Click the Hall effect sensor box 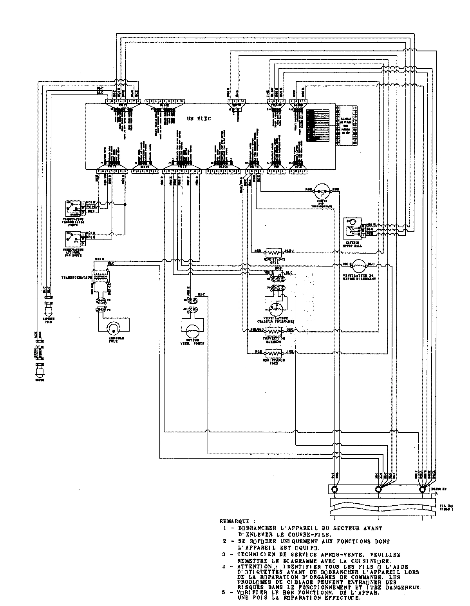pyautogui.click(x=352, y=228)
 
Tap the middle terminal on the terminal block pyautogui.click(x=378, y=490)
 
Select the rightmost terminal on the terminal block pyautogui.click(x=422, y=490)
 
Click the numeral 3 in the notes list pyautogui.click(x=225, y=555)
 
